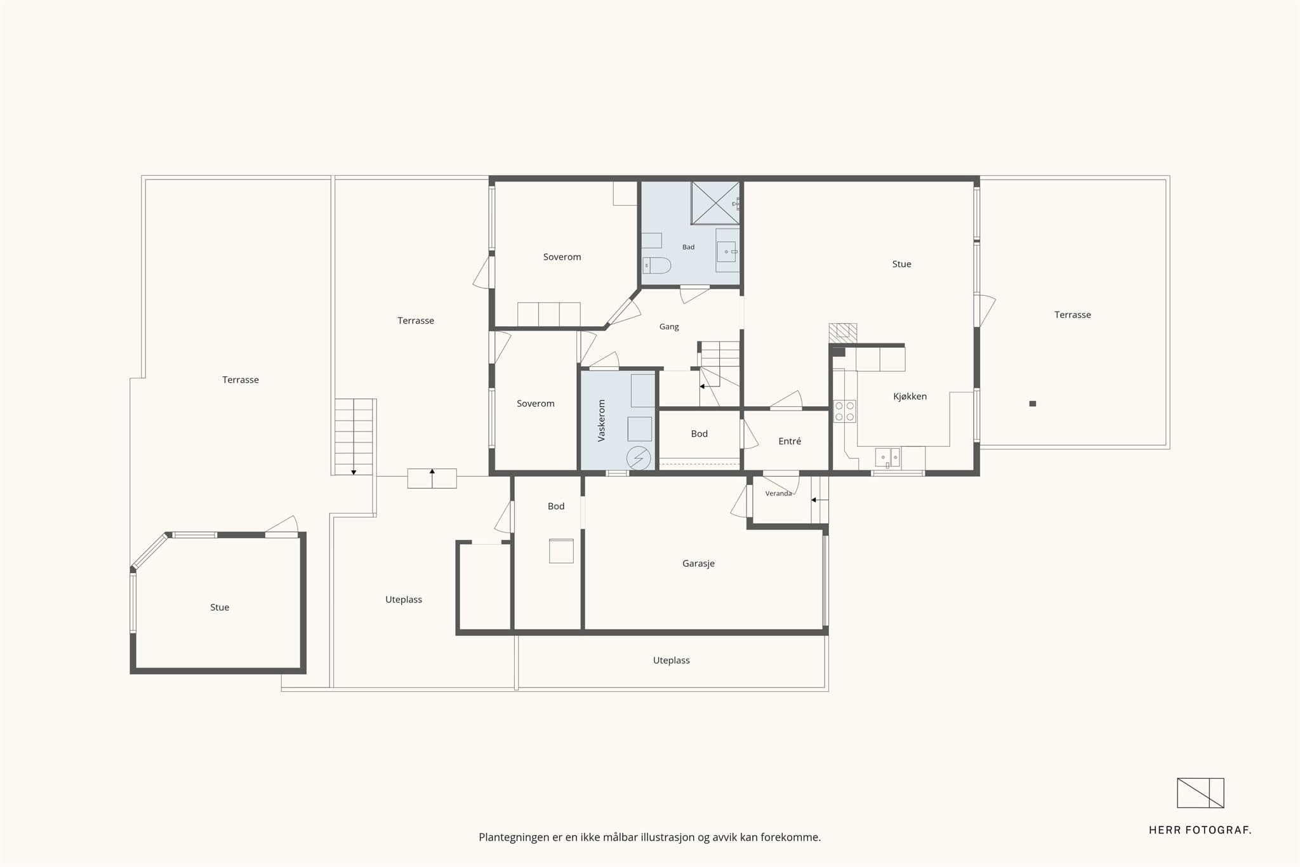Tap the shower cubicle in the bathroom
(715, 203)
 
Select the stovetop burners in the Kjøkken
(844, 411)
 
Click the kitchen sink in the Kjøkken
(887, 457)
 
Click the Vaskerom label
(602, 420)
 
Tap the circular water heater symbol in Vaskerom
(639, 458)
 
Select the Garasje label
(698, 564)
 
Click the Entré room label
(790, 441)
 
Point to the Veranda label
(778, 493)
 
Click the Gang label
(669, 327)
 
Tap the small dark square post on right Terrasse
(1033, 404)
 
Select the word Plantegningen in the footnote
(514, 838)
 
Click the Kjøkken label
(910, 397)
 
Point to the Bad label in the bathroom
(688, 247)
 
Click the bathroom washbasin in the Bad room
(727, 251)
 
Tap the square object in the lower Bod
(561, 551)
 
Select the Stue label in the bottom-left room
(220, 607)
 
